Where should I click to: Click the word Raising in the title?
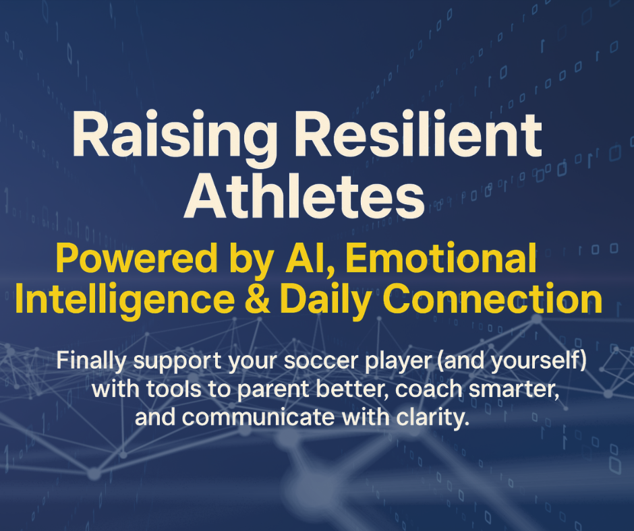click(175, 135)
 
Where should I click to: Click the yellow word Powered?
click(138, 259)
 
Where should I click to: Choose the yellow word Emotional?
click(441, 259)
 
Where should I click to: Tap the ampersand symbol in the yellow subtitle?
click(258, 299)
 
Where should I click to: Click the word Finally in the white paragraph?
click(91, 361)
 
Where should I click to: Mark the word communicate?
click(258, 417)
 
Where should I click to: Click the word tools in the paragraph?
click(174, 389)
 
